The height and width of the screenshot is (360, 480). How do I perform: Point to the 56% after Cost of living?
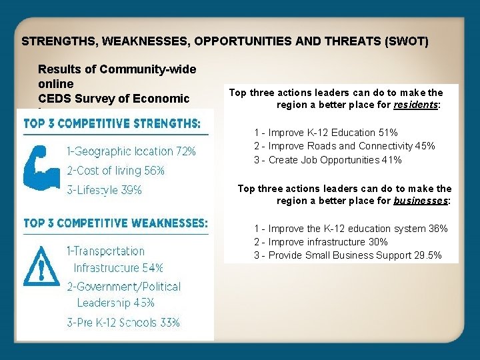(x=153, y=171)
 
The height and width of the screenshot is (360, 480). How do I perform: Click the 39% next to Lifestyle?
(x=130, y=190)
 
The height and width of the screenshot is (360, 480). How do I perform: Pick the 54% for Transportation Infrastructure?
(x=153, y=268)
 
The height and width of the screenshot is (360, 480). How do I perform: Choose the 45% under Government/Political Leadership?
(x=143, y=303)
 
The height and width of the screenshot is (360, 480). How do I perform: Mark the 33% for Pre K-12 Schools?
(x=169, y=323)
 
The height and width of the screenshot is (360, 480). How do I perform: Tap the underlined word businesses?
(x=421, y=201)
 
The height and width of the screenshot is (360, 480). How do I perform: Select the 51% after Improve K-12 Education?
(x=387, y=133)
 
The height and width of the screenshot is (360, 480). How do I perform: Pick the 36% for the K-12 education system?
(x=437, y=229)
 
